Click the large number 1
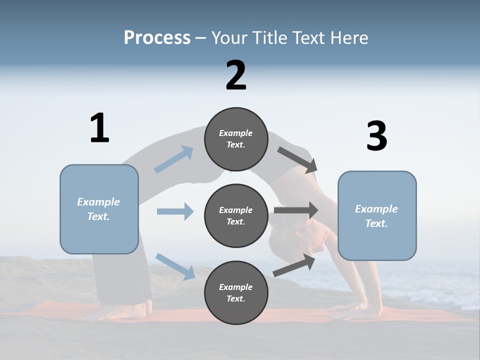point(99,128)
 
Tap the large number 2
point(236,75)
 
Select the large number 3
point(377,136)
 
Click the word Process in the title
point(157,37)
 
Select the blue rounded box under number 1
point(99,209)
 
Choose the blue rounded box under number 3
point(377,216)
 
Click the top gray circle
point(236,139)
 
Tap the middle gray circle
point(236,216)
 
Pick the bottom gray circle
point(236,293)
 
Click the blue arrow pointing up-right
point(174,159)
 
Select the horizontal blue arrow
point(175,211)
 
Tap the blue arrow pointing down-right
point(175,266)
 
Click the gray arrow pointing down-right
point(297,160)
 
